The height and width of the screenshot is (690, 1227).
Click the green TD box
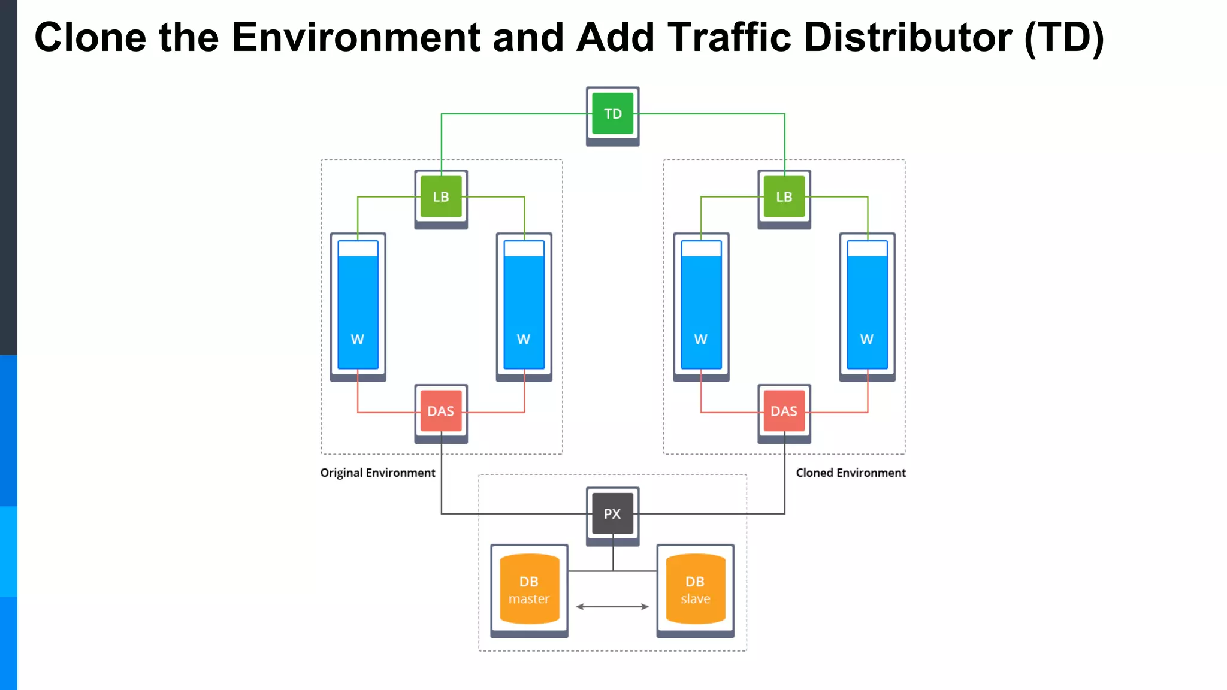pyautogui.click(x=612, y=113)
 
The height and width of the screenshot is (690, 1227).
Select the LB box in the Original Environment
pyautogui.click(x=441, y=196)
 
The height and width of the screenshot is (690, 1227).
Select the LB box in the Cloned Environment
pyautogui.click(x=784, y=196)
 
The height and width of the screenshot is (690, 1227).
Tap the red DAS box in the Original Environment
pyautogui.click(x=441, y=411)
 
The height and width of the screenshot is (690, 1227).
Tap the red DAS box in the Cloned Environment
pyautogui.click(x=784, y=411)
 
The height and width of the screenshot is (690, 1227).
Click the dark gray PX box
pyautogui.click(x=612, y=513)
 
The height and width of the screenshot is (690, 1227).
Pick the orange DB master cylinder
pyautogui.click(x=529, y=589)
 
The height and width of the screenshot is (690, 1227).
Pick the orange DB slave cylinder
pyautogui.click(x=695, y=589)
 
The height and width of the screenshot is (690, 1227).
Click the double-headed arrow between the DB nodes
pyautogui.click(x=612, y=607)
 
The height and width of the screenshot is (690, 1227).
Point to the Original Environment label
pyautogui.click(x=377, y=473)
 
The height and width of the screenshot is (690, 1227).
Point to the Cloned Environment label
pyautogui.click(x=850, y=473)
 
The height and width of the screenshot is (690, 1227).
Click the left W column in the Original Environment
pyautogui.click(x=358, y=305)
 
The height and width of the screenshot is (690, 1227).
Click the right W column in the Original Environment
pyautogui.click(x=524, y=305)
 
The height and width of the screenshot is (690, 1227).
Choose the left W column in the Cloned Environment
pyautogui.click(x=701, y=305)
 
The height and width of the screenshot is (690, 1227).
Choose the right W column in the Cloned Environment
pyautogui.click(x=867, y=305)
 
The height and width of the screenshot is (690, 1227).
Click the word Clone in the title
pyautogui.click(x=90, y=37)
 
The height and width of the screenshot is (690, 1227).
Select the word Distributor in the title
pyautogui.click(x=908, y=37)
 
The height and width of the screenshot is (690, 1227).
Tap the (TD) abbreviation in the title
pyautogui.click(x=1064, y=37)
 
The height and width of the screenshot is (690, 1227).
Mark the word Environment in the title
pyautogui.click(x=356, y=37)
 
